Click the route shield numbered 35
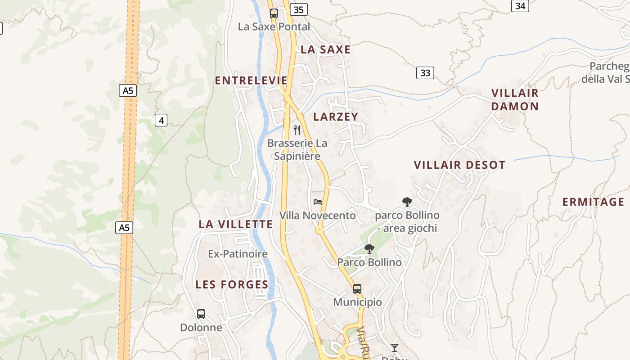pyautogui.click(x=299, y=9)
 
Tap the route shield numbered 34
pyautogui.click(x=520, y=6)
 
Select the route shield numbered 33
pyautogui.click(x=425, y=72)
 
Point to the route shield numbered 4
pyautogui.click(x=161, y=120)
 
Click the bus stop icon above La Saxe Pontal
pyautogui.click(x=274, y=13)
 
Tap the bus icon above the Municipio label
pyautogui.click(x=357, y=288)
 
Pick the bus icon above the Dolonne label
pyautogui.click(x=201, y=314)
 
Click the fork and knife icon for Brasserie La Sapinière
pyautogui.click(x=297, y=130)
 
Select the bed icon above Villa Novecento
pyautogui.click(x=318, y=202)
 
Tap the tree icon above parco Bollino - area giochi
pyautogui.click(x=407, y=202)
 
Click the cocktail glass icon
pyautogui.click(x=394, y=347)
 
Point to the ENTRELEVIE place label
pyautogui.click(x=251, y=81)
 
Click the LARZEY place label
pyautogui.click(x=336, y=117)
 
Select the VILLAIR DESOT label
pyautogui.click(x=459, y=165)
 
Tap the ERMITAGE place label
pyautogui.click(x=593, y=202)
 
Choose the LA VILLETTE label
pyautogui.click(x=236, y=224)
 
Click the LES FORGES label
pyautogui.click(x=232, y=284)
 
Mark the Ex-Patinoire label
pyautogui.click(x=238, y=254)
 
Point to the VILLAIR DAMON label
pyautogui.click(x=515, y=100)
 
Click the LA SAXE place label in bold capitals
pyautogui.click(x=325, y=49)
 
